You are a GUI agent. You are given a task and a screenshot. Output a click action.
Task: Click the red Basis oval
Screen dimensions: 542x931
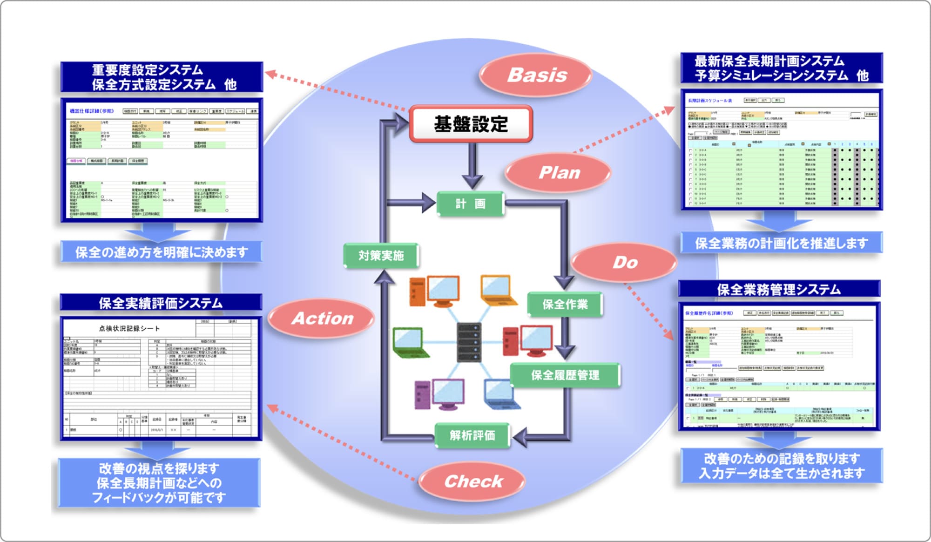(x=536, y=75)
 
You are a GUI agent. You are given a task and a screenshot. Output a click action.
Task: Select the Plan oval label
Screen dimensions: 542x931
(x=559, y=173)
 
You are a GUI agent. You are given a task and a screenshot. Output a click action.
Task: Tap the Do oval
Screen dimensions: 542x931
(x=624, y=262)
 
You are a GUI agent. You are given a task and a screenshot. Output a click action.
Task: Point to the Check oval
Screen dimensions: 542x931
(x=472, y=481)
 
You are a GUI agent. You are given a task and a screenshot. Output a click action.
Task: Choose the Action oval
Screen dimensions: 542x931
(x=322, y=318)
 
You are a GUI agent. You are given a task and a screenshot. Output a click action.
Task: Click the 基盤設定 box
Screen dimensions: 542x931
(x=471, y=124)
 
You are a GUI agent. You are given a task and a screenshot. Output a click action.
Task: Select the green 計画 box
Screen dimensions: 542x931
(x=470, y=203)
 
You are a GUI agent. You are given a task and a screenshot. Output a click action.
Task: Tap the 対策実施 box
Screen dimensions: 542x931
(x=381, y=255)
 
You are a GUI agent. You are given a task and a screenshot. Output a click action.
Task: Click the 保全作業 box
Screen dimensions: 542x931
(x=565, y=305)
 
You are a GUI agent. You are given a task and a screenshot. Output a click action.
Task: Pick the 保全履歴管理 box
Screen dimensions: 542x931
(x=565, y=375)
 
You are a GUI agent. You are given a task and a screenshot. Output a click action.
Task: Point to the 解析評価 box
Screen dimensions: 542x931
(x=472, y=435)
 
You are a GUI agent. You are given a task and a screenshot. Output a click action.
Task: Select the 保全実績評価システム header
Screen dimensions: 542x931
(x=161, y=303)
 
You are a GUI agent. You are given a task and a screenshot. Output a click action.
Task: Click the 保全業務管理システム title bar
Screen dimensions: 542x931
(x=779, y=289)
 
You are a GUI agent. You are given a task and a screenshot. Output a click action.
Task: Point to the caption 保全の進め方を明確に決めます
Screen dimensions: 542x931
(x=161, y=252)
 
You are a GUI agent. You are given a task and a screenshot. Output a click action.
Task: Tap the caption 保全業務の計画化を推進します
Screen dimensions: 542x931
(x=781, y=243)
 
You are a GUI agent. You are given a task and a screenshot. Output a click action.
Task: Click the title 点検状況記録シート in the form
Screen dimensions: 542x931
(x=129, y=328)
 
